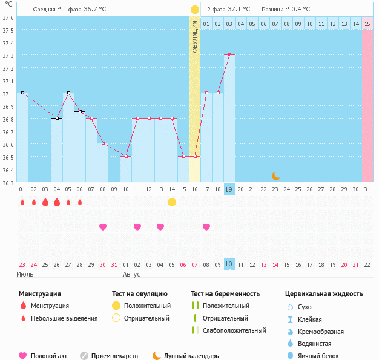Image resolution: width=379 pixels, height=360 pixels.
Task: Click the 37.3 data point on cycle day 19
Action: point(229,55)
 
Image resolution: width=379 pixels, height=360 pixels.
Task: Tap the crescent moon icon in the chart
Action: point(275,175)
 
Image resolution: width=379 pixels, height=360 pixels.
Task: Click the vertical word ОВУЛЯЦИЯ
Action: point(195,37)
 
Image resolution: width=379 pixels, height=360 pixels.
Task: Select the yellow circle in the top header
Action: point(195,10)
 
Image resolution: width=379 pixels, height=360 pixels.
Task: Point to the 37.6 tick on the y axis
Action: point(8,18)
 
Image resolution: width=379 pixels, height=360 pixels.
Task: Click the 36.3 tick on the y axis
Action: point(8,182)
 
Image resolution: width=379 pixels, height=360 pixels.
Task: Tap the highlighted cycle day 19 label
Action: point(229,189)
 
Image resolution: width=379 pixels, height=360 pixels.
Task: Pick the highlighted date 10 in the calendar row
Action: point(229,264)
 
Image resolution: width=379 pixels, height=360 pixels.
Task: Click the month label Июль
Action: point(24,274)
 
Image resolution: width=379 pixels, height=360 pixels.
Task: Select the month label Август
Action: point(134,274)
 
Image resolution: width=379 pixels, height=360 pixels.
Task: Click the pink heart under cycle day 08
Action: point(103,227)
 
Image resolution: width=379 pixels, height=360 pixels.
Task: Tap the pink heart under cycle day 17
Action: point(206,227)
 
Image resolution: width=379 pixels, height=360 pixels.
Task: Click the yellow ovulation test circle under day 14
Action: point(172,201)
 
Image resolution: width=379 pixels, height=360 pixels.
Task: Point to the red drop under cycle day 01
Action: point(22,202)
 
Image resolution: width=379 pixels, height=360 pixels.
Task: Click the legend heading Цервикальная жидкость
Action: point(324,294)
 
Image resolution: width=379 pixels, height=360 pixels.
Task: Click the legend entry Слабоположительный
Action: point(234,330)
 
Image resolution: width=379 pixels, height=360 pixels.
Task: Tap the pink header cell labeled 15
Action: point(367,24)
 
